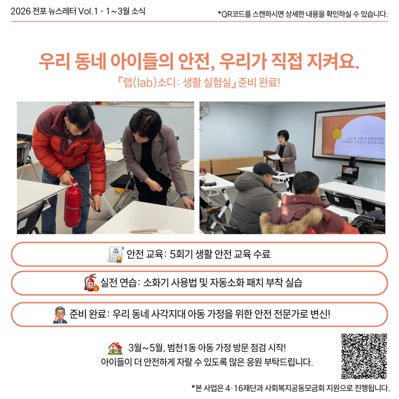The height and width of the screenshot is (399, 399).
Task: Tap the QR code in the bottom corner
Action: coord(364,356)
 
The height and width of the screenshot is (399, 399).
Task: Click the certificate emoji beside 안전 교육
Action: coord(116,254)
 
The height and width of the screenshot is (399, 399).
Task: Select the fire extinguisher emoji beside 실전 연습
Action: coord(91,282)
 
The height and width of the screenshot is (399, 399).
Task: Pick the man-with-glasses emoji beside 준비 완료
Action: coord(60,314)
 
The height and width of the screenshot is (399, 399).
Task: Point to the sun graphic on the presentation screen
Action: coord(337,134)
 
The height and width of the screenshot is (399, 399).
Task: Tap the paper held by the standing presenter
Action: coord(276,157)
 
